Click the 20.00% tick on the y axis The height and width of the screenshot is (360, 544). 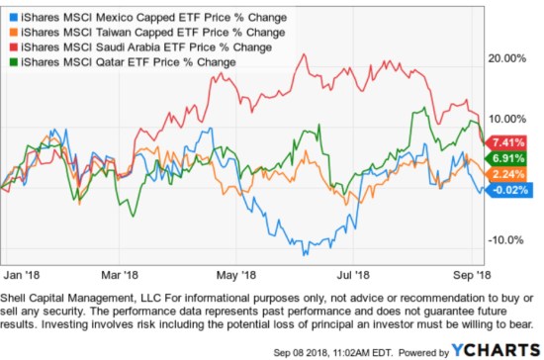[x=510, y=58]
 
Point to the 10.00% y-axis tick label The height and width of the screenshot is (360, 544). [x=510, y=118]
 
